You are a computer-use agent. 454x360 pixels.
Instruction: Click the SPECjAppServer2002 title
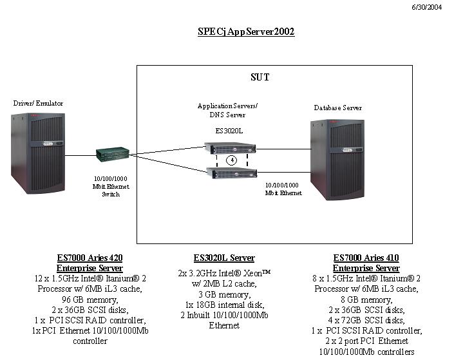246,31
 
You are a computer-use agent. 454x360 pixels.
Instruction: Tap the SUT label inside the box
260,77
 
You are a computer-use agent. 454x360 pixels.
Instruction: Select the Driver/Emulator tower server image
38,153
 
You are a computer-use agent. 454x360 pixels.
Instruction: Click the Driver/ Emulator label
38,103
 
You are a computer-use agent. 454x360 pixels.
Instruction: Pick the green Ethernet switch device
113,155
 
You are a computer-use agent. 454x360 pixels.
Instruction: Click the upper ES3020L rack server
231,149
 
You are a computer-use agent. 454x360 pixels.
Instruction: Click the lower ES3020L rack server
231,172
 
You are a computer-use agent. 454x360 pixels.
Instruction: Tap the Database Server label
337,108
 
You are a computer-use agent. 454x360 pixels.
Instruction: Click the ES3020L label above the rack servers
230,130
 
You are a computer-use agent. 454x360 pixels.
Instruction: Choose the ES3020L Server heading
224,258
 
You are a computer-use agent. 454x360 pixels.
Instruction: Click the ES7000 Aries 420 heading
90,258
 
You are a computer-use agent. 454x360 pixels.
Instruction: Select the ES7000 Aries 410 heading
366,258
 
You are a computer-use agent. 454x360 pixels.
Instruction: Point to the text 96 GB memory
90,299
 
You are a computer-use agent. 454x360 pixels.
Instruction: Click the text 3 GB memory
223,294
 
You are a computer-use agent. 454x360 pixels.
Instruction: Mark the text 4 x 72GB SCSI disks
366,320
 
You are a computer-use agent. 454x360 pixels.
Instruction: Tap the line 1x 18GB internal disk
223,305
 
